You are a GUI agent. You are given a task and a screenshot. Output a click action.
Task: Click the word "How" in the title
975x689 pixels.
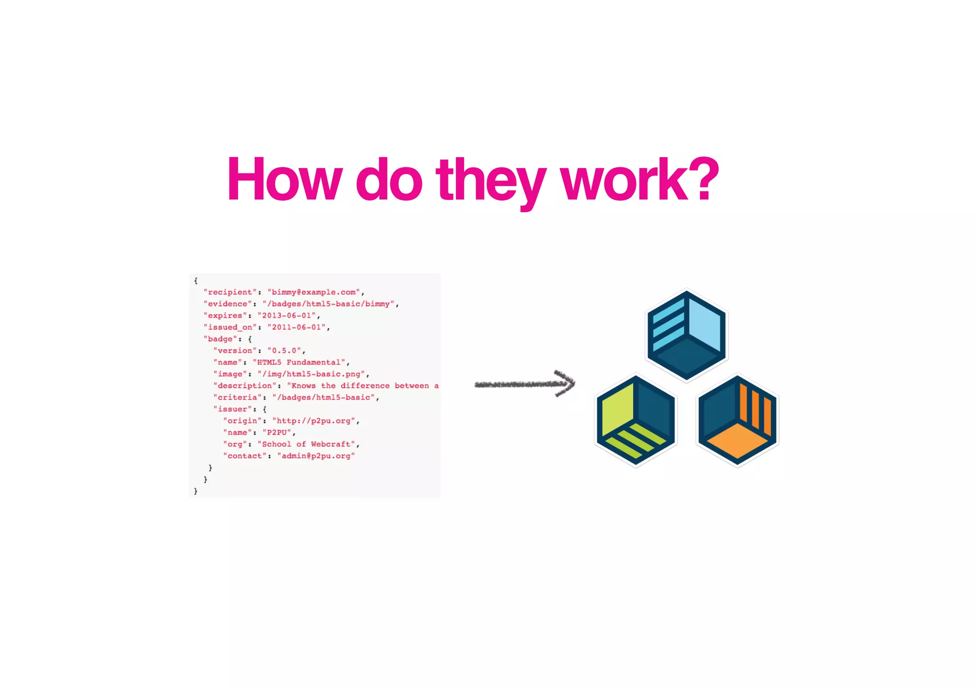coord(284,180)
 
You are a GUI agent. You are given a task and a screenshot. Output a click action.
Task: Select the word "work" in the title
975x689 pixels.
coord(624,180)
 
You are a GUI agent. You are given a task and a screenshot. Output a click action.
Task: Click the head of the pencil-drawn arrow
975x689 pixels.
coord(566,383)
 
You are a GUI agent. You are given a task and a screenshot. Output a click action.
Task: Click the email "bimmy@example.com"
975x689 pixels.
coord(314,292)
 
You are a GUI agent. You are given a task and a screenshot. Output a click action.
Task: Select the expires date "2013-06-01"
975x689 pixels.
coord(287,315)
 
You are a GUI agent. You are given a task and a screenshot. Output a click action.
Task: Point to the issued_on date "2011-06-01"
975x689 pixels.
coord(296,327)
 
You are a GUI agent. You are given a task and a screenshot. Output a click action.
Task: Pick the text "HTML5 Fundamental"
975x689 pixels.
coord(299,362)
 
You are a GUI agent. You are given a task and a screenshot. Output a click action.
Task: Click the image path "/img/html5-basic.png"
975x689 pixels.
coord(311,374)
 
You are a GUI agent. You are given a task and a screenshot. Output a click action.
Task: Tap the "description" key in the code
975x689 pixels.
coord(245,386)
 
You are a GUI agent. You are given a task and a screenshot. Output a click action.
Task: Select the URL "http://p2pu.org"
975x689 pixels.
coord(314,421)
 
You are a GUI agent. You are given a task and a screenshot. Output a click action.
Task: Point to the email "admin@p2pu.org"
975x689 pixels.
coord(316,456)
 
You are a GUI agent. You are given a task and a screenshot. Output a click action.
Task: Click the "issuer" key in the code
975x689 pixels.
coord(232,409)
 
